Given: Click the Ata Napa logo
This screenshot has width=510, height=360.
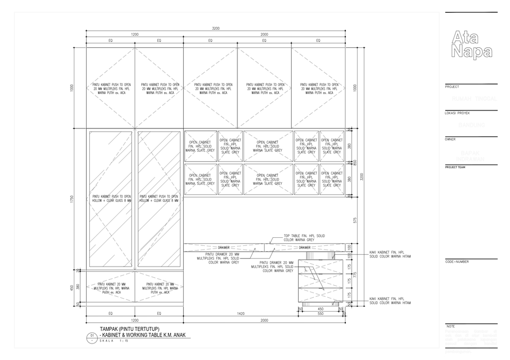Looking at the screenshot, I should coord(470,44).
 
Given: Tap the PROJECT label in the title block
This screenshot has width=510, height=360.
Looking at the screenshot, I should coord(452,87).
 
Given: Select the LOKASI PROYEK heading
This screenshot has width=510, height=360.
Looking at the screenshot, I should coord(457,113).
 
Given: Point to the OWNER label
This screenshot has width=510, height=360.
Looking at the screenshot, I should coord(450,139).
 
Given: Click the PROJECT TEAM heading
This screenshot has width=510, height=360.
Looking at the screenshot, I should coord(455,167).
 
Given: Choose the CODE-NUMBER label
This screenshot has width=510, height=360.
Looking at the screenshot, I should coord(457,262).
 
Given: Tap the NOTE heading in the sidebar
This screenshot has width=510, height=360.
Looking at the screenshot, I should coord(450,326).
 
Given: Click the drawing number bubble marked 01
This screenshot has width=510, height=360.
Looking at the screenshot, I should coord(92,336).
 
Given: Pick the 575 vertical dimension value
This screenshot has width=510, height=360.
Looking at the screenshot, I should coord(355,220).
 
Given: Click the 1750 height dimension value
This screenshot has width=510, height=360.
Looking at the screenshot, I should coord(72,199).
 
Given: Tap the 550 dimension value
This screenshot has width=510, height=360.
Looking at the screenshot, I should coord(320,314).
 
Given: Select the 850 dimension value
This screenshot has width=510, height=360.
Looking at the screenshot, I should coord(355,162).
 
